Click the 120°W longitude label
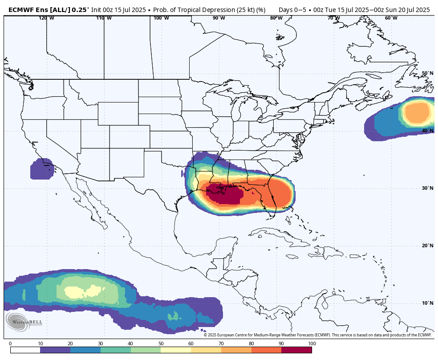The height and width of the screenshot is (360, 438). pyautogui.click(x=46, y=18)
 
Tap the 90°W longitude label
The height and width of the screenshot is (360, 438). pyautogui.click(x=219, y=18)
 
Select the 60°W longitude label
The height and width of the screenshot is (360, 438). pyautogui.click(x=391, y=18)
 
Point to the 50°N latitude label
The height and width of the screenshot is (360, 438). pyautogui.click(x=427, y=73)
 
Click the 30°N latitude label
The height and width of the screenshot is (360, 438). pyautogui.click(x=427, y=188)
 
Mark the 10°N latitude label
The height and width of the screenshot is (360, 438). pyautogui.click(x=427, y=303)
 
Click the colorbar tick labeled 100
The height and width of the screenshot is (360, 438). pyautogui.click(x=312, y=344)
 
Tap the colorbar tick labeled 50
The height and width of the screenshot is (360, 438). pyautogui.click(x=161, y=344)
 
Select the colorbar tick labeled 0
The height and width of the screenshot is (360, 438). pyautogui.click(x=10, y=344)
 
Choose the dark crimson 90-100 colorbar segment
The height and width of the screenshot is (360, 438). pyautogui.click(x=296, y=350)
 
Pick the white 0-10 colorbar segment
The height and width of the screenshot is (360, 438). pyautogui.click(x=25, y=350)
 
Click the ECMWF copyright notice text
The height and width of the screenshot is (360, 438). pyautogui.click(x=317, y=335)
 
